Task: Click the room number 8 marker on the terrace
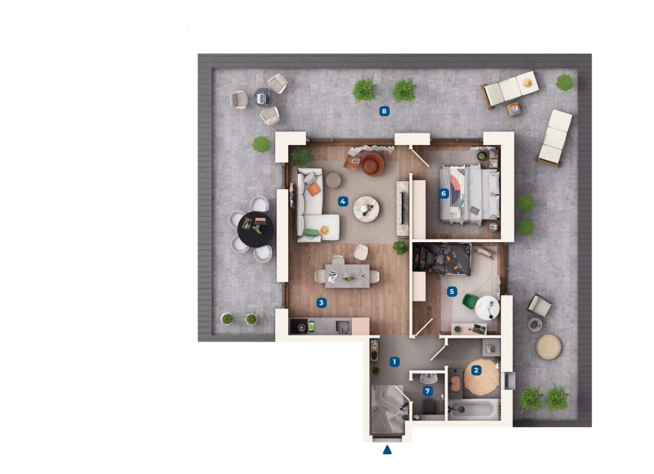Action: tap(384, 111)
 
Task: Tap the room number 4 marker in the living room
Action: tap(342, 202)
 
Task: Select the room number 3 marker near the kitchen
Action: tap(321, 303)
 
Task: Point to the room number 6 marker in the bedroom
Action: tap(443, 194)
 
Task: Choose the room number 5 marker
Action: tap(452, 292)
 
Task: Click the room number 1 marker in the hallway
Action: tap(394, 362)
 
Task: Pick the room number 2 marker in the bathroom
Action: tap(476, 370)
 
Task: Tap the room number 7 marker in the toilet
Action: tap(427, 391)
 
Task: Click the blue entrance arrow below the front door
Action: tap(388, 450)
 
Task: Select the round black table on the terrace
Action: tap(255, 229)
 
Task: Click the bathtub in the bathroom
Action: tap(473, 409)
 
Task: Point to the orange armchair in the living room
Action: tap(372, 164)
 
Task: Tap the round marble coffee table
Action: tap(366, 209)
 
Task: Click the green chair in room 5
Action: tap(470, 302)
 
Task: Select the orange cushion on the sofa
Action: tap(314, 190)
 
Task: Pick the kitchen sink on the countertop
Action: tap(343, 326)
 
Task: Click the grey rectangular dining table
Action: tap(347, 276)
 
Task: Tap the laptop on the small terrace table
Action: tap(261, 98)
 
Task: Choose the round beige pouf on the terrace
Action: tap(549, 347)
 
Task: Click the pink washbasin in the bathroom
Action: tap(456, 383)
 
